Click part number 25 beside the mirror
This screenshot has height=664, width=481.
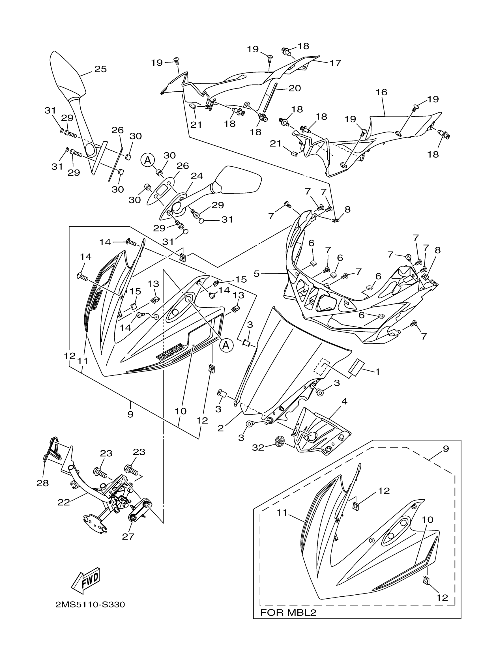click(100, 69)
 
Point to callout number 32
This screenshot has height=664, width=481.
click(258, 448)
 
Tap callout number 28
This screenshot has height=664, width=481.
click(42, 483)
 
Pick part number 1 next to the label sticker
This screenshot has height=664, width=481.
click(377, 372)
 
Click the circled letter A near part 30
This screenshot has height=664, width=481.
click(148, 160)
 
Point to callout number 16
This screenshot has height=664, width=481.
click(381, 93)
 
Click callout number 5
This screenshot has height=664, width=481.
click(257, 274)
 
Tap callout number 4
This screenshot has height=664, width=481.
click(344, 402)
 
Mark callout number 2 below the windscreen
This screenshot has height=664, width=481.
click(221, 428)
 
